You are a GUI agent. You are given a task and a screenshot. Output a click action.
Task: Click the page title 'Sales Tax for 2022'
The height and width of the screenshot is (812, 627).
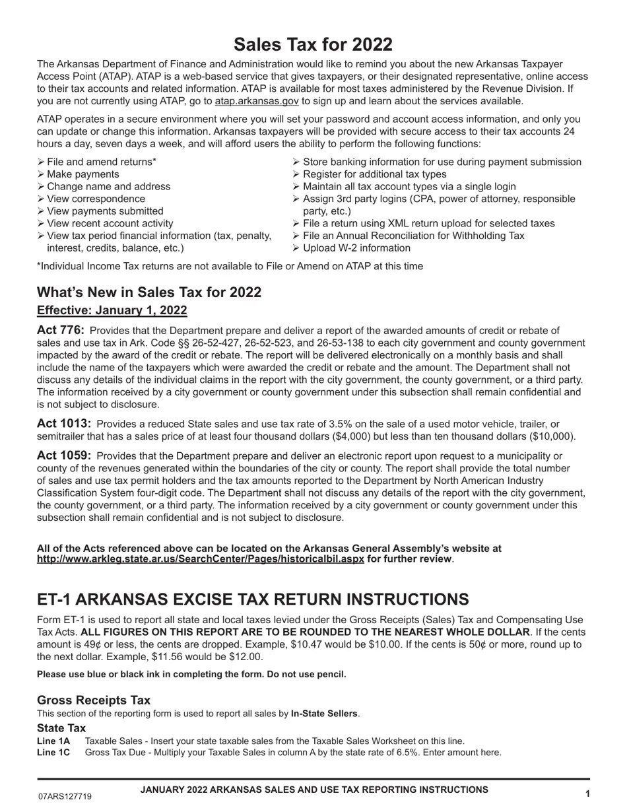(x=313, y=44)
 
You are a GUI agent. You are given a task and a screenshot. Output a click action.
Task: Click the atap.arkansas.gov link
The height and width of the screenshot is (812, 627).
(x=257, y=101)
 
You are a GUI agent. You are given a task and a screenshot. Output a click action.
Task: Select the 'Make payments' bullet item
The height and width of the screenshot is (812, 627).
(x=83, y=174)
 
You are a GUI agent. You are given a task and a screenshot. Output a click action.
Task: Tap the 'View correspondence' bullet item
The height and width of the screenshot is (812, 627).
(x=96, y=199)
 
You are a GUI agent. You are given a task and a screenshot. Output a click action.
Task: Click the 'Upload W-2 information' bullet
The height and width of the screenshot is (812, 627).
(x=356, y=248)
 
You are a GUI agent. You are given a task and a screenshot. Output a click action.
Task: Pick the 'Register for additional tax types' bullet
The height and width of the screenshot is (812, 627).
(x=374, y=174)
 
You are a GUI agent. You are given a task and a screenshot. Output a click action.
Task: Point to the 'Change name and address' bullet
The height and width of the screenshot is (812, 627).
(x=108, y=187)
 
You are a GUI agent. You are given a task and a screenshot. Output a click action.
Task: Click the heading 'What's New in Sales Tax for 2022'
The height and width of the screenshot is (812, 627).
(x=149, y=292)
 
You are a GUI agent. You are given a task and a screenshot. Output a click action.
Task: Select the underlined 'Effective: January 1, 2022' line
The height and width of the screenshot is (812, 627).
(x=112, y=310)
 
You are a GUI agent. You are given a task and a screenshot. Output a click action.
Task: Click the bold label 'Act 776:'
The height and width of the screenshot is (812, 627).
(x=61, y=330)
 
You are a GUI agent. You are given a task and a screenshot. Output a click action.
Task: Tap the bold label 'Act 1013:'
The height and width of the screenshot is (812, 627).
(x=64, y=424)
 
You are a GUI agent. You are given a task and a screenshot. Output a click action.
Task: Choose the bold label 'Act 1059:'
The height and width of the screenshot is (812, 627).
(x=64, y=456)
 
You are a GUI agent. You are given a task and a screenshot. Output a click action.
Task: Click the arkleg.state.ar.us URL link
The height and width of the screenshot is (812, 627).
(x=200, y=559)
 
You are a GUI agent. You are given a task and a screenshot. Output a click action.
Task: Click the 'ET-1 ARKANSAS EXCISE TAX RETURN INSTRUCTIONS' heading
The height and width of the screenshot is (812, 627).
(x=253, y=599)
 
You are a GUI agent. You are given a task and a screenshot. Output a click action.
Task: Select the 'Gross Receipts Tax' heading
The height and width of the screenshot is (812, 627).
(x=94, y=700)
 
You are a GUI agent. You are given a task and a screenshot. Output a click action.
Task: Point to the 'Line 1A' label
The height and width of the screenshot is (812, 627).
(x=53, y=741)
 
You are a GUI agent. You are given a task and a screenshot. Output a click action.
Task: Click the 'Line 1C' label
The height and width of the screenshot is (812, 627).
(x=53, y=753)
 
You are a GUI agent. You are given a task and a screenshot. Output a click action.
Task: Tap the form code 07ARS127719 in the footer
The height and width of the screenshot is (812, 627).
(x=65, y=797)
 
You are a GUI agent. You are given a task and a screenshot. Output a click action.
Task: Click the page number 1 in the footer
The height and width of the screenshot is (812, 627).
(x=587, y=795)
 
